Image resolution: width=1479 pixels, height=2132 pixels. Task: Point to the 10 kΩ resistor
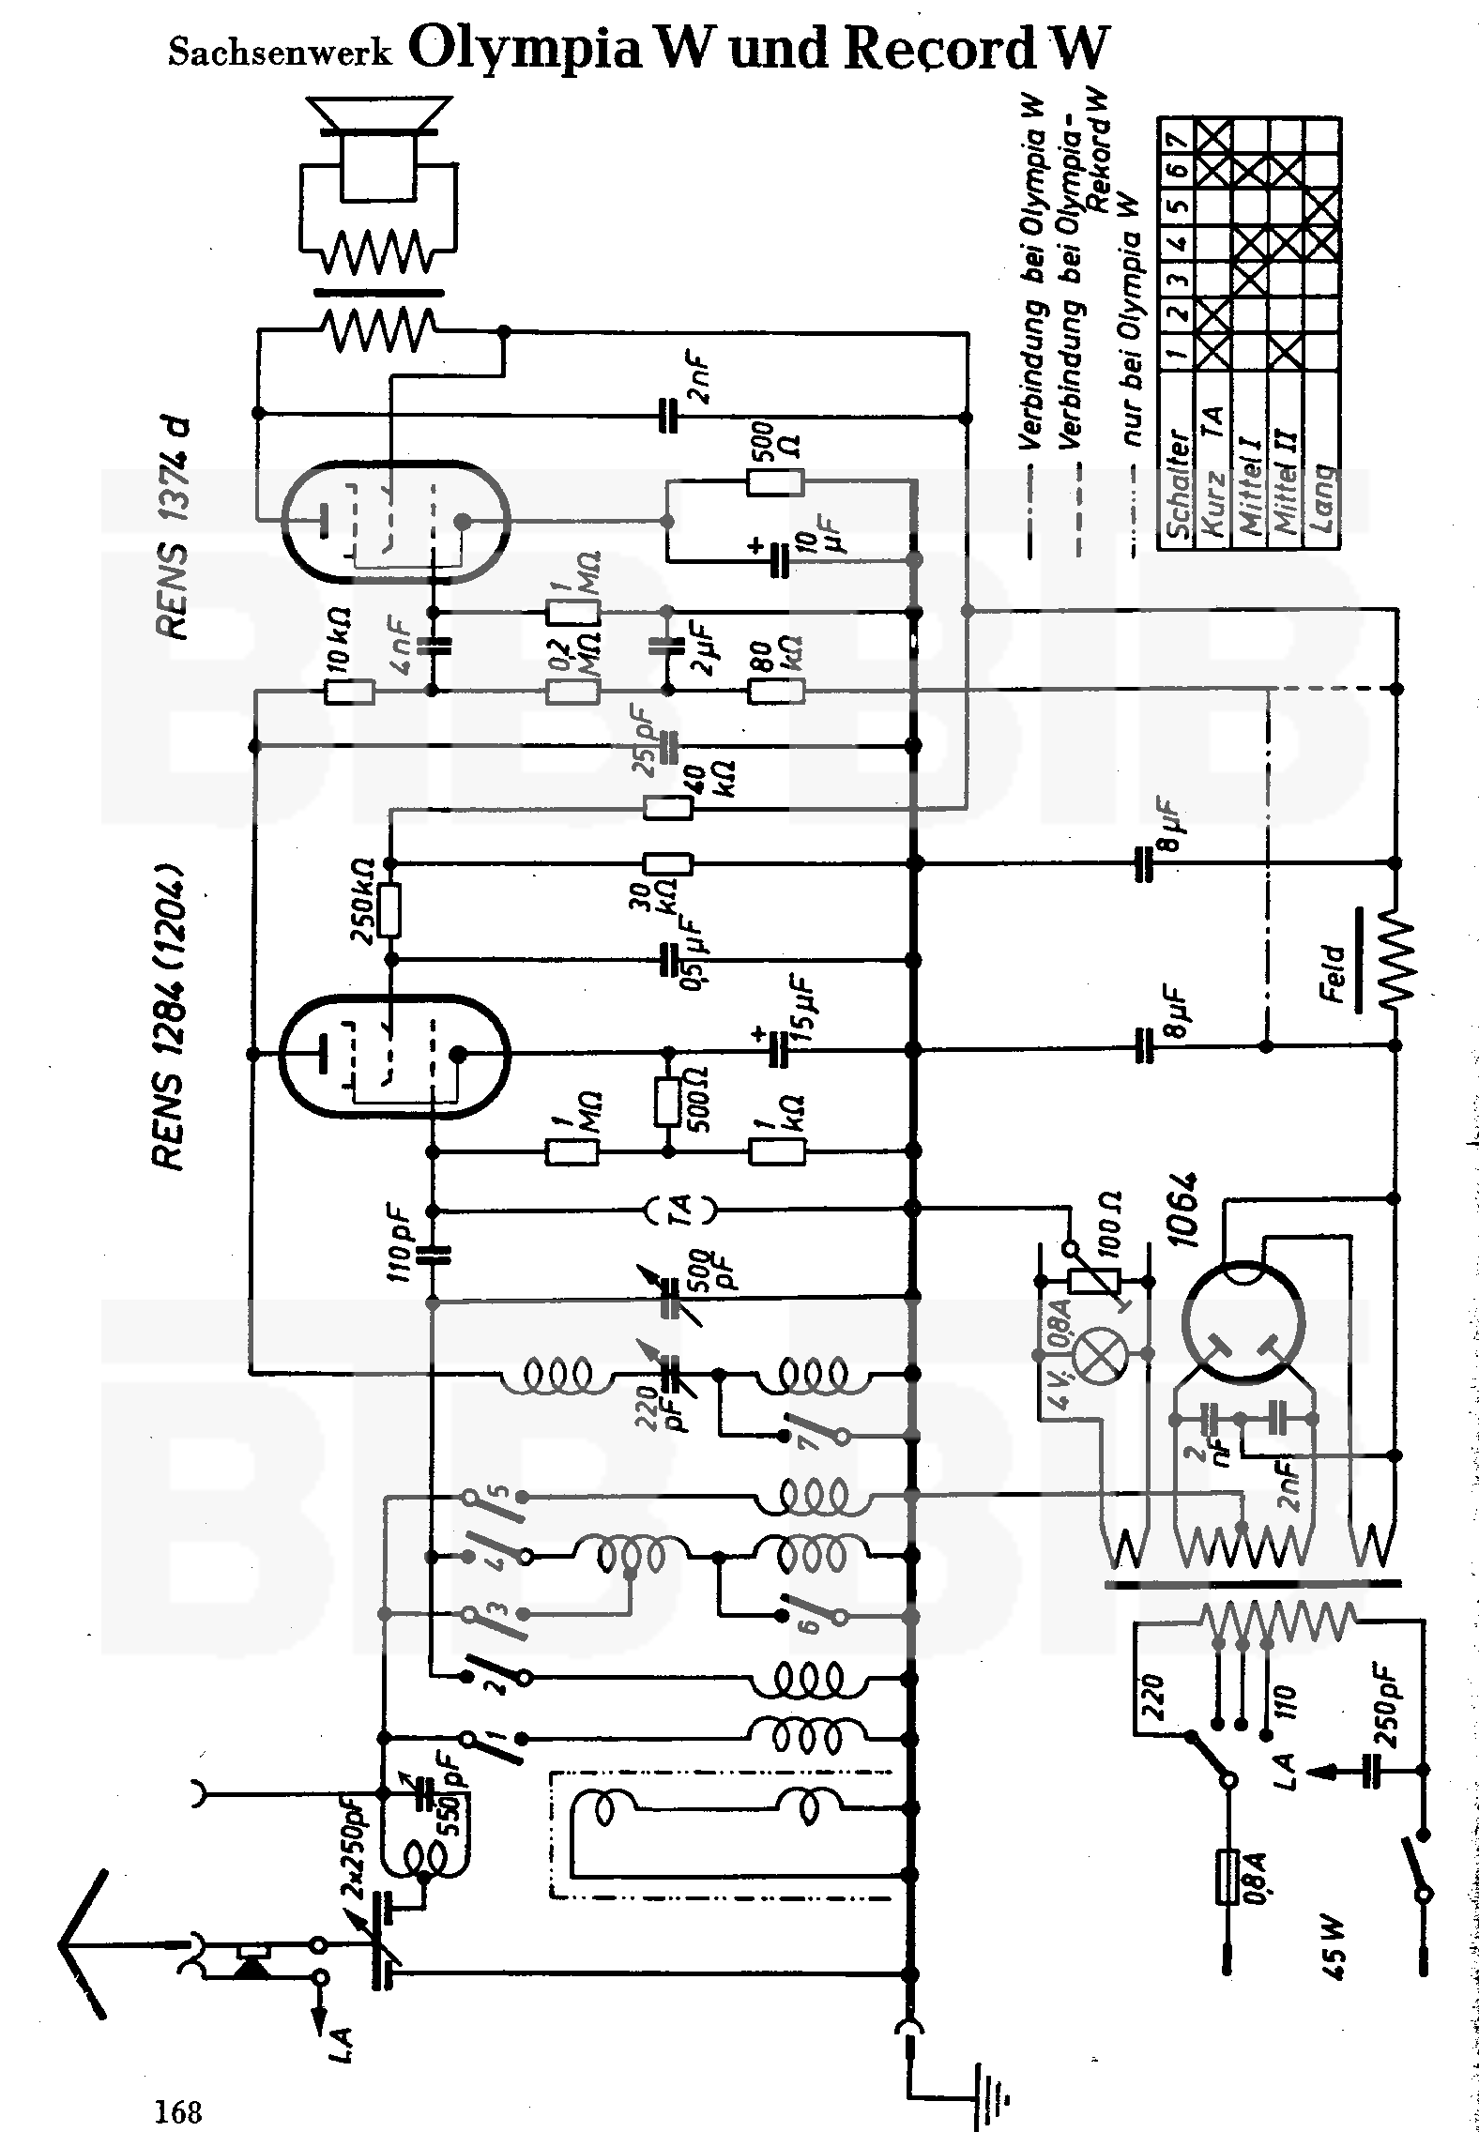pos(349,693)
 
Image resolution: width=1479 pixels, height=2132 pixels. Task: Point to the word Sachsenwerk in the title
pos(279,53)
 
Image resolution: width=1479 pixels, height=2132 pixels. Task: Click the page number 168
pos(178,2106)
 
